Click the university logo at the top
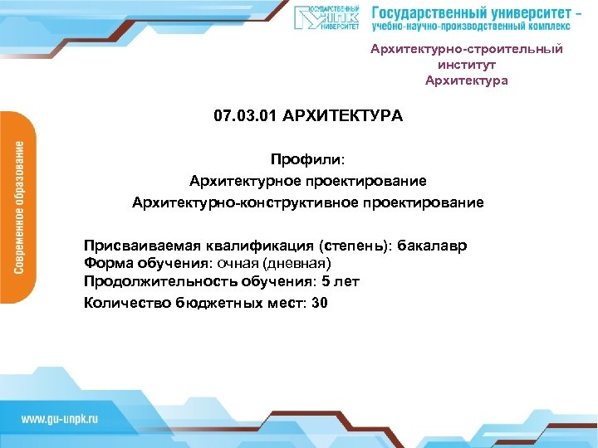pos(327,18)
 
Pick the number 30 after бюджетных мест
pos(320,303)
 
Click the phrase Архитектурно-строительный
pos(467,49)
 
